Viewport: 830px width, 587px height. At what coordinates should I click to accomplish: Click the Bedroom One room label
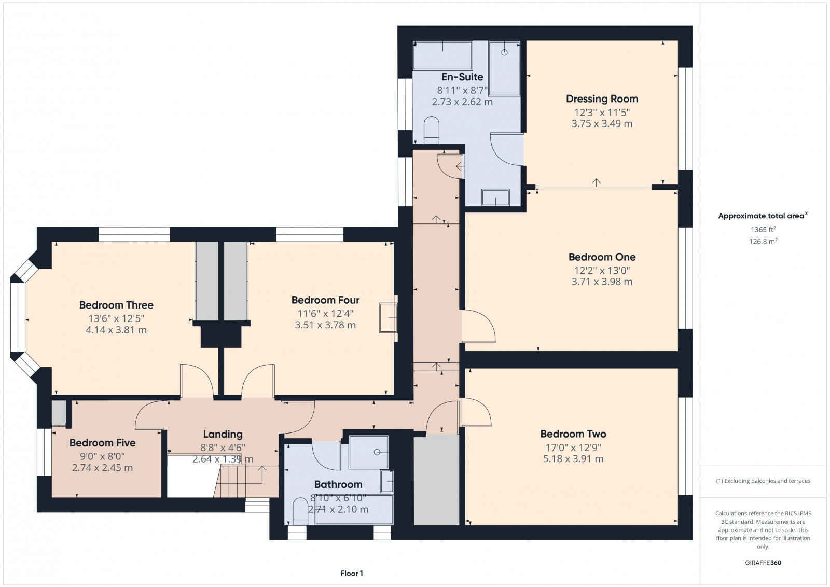(602, 257)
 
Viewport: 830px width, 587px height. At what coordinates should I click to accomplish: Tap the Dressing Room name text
(602, 99)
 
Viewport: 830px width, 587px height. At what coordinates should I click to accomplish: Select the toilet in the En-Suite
(431, 130)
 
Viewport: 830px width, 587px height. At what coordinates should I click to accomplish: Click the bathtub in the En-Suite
(442, 55)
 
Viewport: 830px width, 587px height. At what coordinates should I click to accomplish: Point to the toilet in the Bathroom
(300, 511)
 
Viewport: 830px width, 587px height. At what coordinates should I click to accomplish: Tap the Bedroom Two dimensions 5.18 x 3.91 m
(573, 459)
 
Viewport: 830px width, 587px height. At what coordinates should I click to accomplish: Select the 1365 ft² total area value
(763, 230)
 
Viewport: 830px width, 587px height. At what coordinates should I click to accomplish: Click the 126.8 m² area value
(763, 241)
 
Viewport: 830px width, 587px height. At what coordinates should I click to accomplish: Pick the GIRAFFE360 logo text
(763, 563)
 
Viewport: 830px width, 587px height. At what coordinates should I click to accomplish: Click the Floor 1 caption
(352, 574)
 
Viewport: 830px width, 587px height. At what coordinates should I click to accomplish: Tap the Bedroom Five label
(102, 443)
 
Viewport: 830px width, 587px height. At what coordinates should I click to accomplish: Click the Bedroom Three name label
(116, 305)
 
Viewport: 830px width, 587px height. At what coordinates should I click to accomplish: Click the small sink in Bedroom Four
(388, 317)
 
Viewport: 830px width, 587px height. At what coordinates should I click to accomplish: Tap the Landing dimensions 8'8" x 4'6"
(223, 448)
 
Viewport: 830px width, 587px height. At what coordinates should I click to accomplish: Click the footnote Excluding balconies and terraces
(763, 481)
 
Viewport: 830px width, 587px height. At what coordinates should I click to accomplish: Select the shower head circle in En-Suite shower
(504, 52)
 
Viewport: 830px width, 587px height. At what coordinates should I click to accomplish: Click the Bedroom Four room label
(325, 300)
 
